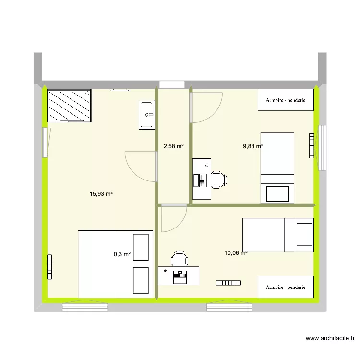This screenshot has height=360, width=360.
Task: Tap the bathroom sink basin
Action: click(x=147, y=115)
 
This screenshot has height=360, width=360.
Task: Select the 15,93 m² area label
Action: click(x=101, y=194)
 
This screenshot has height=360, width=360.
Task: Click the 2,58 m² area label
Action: click(x=174, y=146)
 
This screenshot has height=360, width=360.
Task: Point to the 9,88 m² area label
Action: click(x=253, y=146)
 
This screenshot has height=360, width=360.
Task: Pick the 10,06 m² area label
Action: click(x=236, y=252)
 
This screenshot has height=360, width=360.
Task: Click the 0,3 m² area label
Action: click(x=122, y=254)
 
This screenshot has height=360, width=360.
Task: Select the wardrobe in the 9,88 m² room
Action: click(x=286, y=100)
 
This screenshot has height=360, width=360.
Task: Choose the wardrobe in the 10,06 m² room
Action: click(x=286, y=287)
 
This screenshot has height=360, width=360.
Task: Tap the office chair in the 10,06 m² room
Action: click(x=180, y=259)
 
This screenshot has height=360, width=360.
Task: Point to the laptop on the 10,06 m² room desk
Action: click(x=180, y=275)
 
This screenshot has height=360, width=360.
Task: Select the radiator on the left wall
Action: click(x=49, y=266)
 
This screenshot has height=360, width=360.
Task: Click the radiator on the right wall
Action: click(x=311, y=146)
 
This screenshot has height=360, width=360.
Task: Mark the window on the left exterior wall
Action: click(x=46, y=142)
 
